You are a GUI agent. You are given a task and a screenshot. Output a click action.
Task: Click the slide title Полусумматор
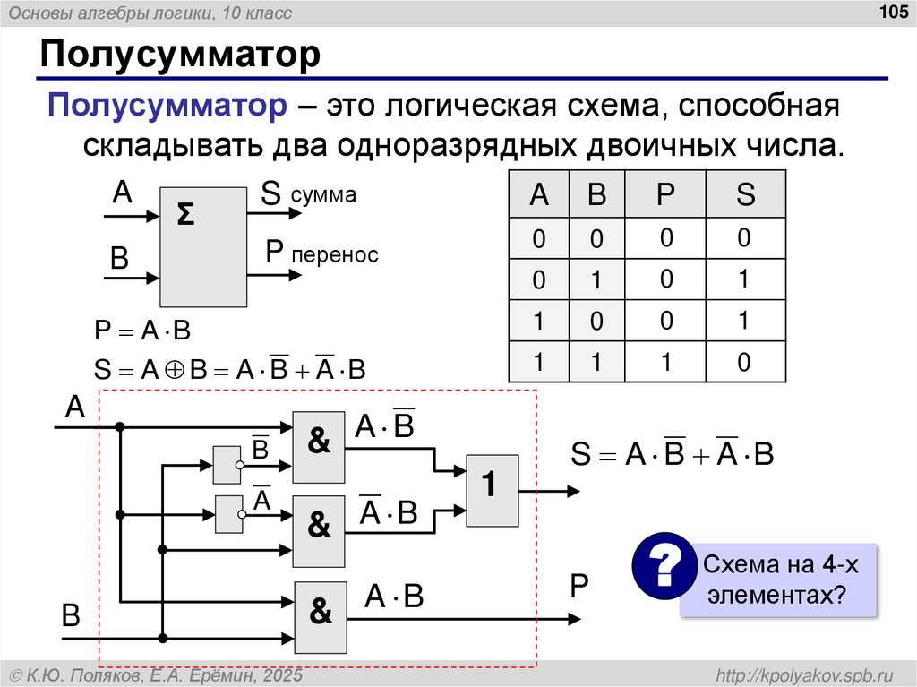[178, 55]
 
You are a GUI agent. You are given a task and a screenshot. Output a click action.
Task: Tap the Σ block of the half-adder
[202, 246]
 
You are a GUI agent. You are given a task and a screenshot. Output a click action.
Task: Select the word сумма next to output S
[323, 194]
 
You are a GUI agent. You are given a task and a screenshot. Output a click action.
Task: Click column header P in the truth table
[665, 194]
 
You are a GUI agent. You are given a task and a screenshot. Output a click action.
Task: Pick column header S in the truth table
[745, 194]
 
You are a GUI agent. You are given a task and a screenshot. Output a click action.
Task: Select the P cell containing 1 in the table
[665, 362]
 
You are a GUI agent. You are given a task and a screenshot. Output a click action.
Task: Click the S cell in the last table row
[745, 362]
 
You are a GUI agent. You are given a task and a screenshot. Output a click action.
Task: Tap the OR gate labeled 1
[492, 489]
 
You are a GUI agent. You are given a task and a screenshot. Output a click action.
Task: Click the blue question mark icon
[664, 566]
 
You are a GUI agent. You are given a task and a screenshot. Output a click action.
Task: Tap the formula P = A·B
[142, 331]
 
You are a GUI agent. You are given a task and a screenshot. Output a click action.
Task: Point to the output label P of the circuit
[578, 587]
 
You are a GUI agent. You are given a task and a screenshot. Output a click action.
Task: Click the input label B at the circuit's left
[70, 616]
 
